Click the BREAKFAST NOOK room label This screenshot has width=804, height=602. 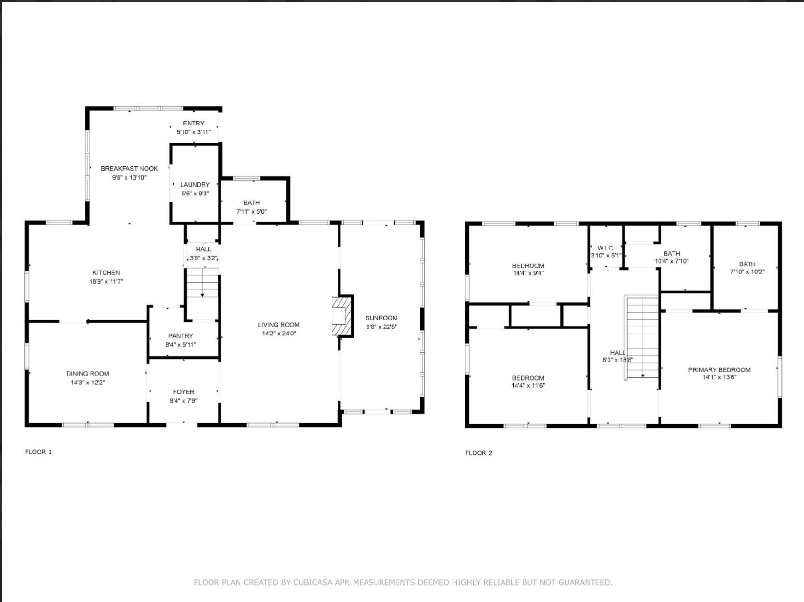coord(129,169)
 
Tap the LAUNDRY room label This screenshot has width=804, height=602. coord(195,185)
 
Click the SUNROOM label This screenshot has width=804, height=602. coord(381,318)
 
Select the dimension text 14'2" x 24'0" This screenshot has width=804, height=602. coord(279,333)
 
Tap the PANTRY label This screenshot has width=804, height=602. coord(181,336)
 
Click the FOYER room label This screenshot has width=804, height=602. coord(184,392)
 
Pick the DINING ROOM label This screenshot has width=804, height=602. coord(88,374)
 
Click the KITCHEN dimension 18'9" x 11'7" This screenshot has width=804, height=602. coord(106,281)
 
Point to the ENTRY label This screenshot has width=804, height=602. coord(194,123)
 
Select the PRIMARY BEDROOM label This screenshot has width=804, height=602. coord(719,370)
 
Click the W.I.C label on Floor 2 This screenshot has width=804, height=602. coord(605,248)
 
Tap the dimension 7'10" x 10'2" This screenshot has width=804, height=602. coord(747,272)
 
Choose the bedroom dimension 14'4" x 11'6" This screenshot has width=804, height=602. coord(528,386)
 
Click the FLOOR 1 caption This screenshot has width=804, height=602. coord(38,452)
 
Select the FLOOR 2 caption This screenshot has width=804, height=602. coord(479,453)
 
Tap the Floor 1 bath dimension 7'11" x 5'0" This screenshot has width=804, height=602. coord(252,212)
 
